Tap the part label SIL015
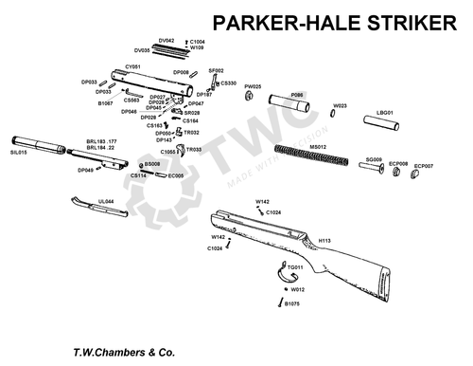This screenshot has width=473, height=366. click(20, 152)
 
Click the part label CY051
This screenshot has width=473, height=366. click(133, 66)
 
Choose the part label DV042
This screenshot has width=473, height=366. click(166, 41)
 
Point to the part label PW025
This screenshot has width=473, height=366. click(253, 86)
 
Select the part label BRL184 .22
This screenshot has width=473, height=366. click(102, 148)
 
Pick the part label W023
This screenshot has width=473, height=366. click(339, 106)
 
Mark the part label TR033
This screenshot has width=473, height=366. click(194, 150)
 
